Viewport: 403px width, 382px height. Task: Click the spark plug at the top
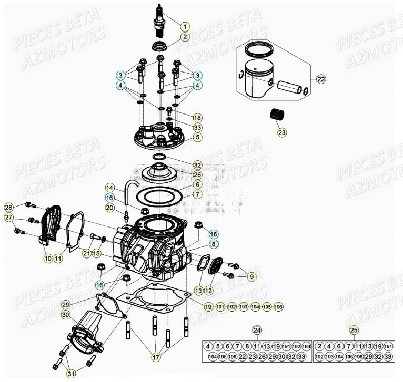point(158,22)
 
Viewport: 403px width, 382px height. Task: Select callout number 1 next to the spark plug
point(185,26)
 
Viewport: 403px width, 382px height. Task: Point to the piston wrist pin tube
point(289,86)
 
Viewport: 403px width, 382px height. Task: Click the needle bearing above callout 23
point(277,114)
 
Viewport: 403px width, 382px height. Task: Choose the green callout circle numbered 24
point(256,330)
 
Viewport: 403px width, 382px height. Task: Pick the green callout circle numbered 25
point(354,330)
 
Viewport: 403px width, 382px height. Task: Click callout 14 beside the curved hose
point(109,188)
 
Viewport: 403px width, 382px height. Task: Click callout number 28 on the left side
point(8,207)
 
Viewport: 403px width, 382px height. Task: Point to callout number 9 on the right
point(251,276)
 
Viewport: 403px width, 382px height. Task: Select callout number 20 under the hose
point(109,208)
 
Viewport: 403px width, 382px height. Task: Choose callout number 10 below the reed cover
point(47,258)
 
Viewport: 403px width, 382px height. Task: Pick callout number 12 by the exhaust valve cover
point(208,290)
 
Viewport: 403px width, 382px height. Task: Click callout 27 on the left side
point(8,218)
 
